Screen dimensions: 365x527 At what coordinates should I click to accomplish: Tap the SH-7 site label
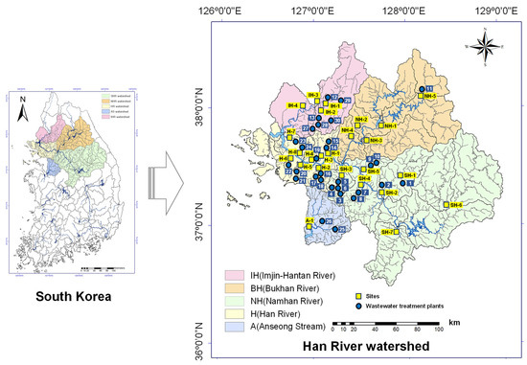[x=387, y=233]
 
